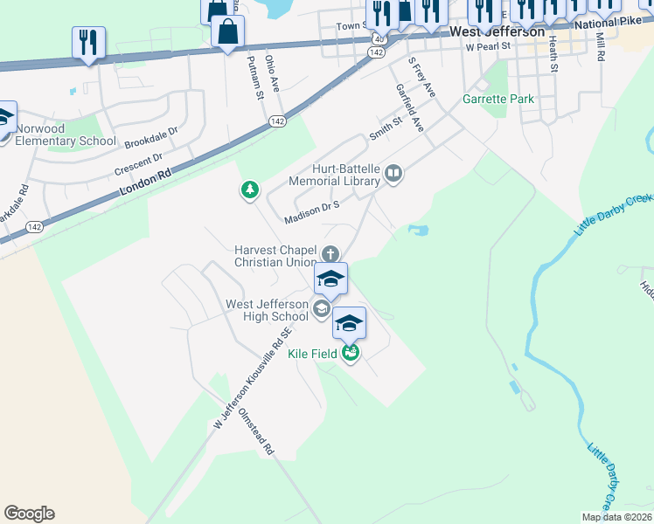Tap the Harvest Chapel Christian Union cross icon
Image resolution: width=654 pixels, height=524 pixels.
(x=330, y=254)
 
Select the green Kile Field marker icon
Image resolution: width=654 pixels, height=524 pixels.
(x=351, y=353)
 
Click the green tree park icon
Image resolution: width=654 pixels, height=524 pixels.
(x=250, y=190)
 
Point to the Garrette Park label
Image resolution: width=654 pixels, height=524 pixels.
(x=498, y=99)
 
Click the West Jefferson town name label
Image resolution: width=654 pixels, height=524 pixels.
(x=497, y=31)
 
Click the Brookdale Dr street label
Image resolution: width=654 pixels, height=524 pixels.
(x=150, y=139)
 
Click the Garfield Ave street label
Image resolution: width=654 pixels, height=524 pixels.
(x=409, y=107)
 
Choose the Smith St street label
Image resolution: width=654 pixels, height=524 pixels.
(x=385, y=129)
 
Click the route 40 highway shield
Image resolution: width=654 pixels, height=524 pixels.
(x=379, y=39)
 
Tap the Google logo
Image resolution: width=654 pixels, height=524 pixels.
(x=29, y=514)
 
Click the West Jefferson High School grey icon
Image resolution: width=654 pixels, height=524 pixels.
(x=321, y=308)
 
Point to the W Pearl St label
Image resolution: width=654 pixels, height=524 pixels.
(x=487, y=47)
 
